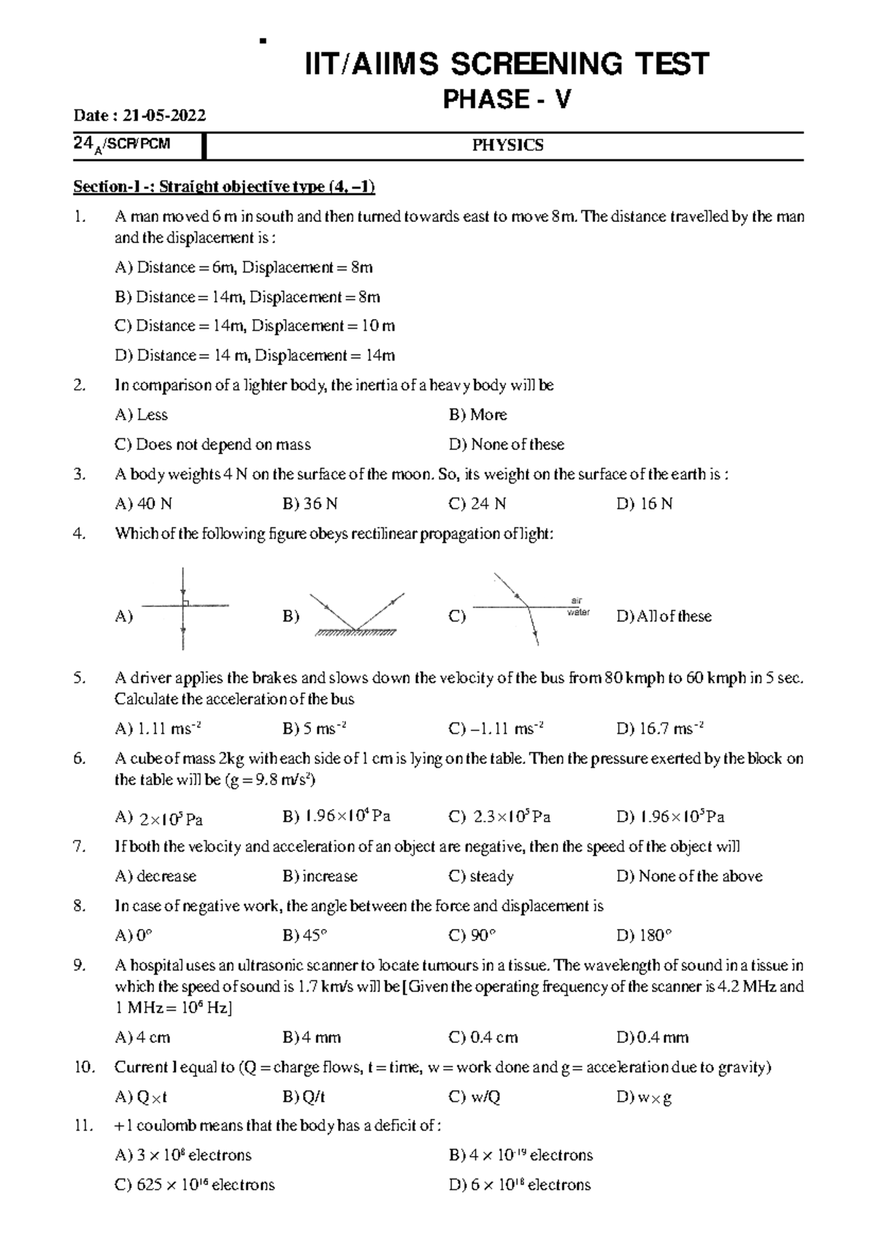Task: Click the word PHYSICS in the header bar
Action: (507, 145)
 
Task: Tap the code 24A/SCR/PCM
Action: (121, 144)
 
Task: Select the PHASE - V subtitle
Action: (507, 99)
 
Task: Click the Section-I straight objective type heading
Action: (224, 187)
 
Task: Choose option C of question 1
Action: (255, 326)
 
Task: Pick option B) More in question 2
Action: (478, 415)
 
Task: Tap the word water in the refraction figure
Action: (578, 613)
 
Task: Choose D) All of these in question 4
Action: (664, 616)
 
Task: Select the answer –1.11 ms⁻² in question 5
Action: (497, 729)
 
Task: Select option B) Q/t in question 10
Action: (304, 1097)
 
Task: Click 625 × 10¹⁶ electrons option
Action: (195, 1185)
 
